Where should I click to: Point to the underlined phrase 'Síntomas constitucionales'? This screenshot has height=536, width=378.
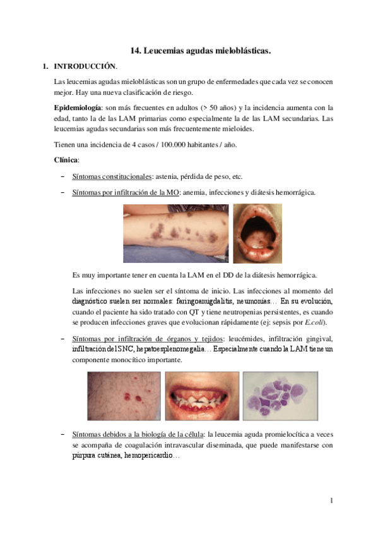click(110, 176)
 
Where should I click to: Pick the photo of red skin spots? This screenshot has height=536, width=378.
click(124, 396)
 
